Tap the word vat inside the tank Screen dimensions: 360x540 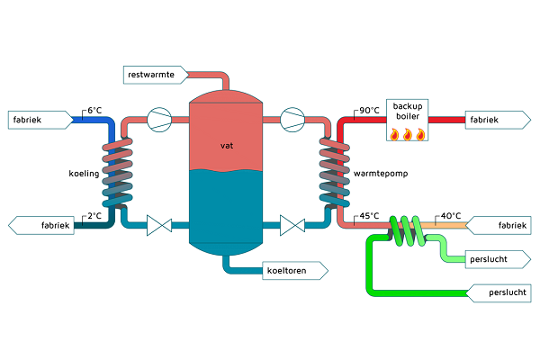pyautogui.click(x=226, y=145)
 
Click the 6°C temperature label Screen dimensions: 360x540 pyautogui.click(x=94, y=112)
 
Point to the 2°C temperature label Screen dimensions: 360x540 pyautogui.click(x=94, y=216)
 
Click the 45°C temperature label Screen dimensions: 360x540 pyautogui.click(x=369, y=216)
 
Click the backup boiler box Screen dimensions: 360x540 pyautogui.click(x=407, y=120)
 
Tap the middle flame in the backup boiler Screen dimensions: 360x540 pyautogui.click(x=407, y=135)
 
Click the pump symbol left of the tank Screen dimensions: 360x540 pyautogui.click(x=159, y=119)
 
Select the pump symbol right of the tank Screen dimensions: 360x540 pyautogui.click(x=292, y=119)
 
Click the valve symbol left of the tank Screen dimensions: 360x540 pyautogui.click(x=159, y=225)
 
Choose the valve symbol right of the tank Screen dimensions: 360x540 pyautogui.click(x=292, y=225)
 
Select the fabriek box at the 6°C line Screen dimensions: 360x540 pyautogui.click(x=36, y=119)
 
